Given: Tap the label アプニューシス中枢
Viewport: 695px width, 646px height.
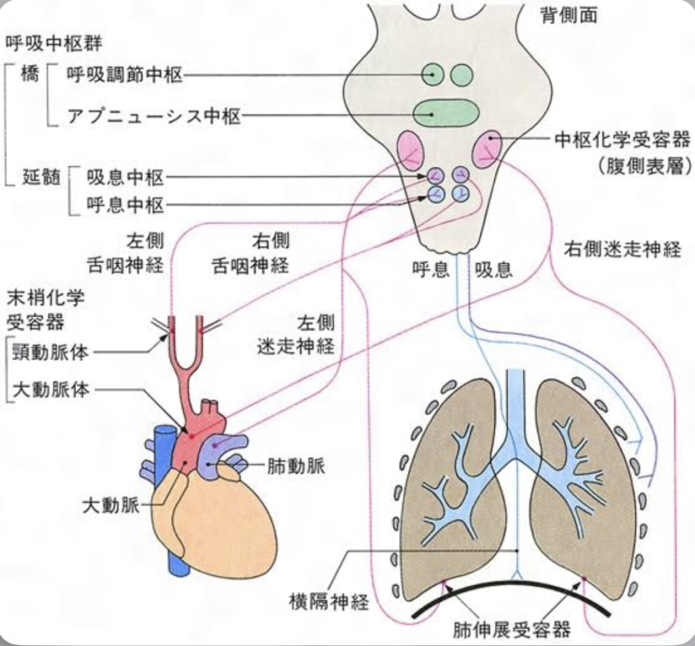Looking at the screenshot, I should (153, 116).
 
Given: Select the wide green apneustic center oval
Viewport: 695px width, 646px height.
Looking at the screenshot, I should (446, 113).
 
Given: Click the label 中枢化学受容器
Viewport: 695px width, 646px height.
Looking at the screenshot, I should (622, 140).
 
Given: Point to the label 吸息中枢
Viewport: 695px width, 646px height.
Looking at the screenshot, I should (126, 178).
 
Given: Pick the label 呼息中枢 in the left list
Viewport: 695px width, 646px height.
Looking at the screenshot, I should (126, 204).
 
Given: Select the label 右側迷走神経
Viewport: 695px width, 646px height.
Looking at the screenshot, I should (622, 249).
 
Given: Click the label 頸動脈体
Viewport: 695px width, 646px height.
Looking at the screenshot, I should (54, 351).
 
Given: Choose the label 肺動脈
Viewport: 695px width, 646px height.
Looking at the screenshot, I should (295, 466).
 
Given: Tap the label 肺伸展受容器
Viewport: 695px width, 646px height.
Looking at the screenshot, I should (512, 630).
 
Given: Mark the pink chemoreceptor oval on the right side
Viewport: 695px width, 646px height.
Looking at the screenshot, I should (487, 149).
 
